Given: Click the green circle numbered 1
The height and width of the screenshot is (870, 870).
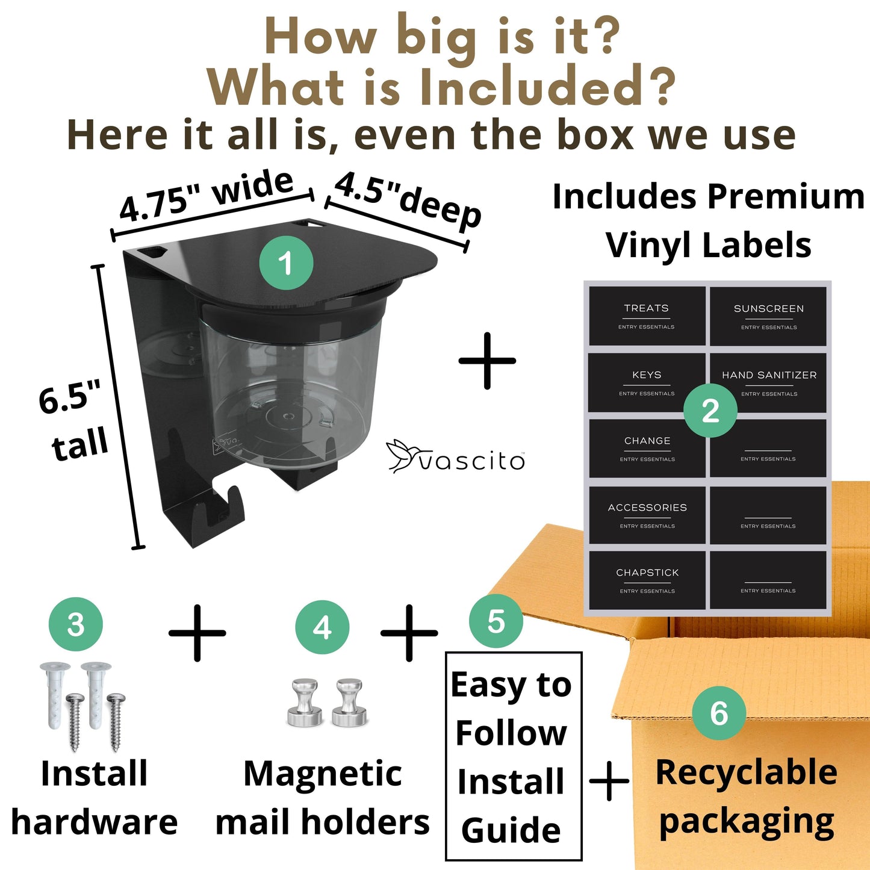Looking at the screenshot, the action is tap(286, 263).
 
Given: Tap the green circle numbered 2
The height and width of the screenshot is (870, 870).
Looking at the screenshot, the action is tap(710, 411).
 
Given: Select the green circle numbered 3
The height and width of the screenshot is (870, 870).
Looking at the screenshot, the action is tap(75, 624).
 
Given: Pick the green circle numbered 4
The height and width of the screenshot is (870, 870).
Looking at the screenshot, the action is tap(322, 627).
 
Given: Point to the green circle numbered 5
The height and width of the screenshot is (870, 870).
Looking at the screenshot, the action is tap(496, 621).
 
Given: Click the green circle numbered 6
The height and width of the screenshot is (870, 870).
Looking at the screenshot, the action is tap(719, 713).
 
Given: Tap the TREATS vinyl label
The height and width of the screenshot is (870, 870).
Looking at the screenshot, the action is tap(647, 316).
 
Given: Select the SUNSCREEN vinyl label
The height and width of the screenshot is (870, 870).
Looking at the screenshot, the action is tap(768, 316).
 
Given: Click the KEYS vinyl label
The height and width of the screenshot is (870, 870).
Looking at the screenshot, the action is tap(647, 382).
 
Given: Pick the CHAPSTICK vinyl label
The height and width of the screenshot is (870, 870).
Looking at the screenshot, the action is tap(647, 580).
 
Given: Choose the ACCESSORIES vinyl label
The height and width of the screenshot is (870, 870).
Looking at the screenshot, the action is tap(647, 515).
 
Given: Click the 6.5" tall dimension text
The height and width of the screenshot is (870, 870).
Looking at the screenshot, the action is tap(73, 420).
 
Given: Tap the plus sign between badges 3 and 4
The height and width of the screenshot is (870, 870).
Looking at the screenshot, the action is tap(197, 633).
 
